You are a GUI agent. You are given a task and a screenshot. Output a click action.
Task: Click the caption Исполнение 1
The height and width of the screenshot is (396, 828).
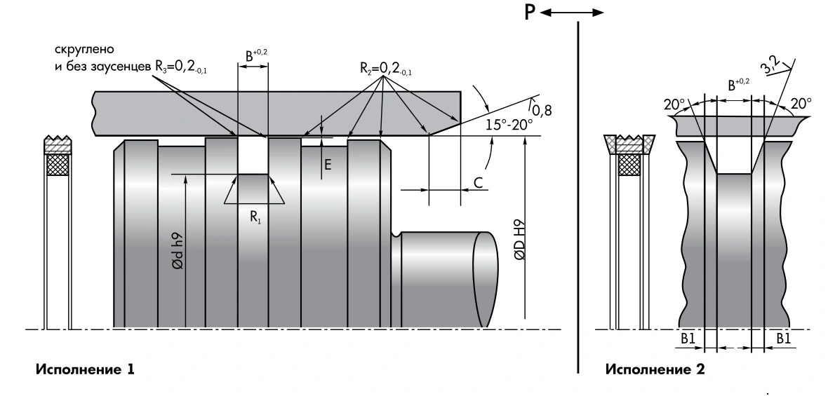[85, 369]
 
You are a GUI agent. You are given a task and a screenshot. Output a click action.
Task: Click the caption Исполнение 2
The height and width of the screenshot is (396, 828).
[655, 369]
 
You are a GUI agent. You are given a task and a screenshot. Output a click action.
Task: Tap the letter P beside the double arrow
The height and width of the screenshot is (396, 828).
[530, 13]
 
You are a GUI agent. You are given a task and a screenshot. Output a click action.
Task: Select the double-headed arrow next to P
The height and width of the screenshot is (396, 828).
[572, 13]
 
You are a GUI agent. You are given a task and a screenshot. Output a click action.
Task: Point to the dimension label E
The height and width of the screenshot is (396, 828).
[328, 165]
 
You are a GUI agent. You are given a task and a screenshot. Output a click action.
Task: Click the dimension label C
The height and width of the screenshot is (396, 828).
[478, 183]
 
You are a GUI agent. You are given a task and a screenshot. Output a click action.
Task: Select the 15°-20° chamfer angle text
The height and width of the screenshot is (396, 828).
[509, 125]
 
